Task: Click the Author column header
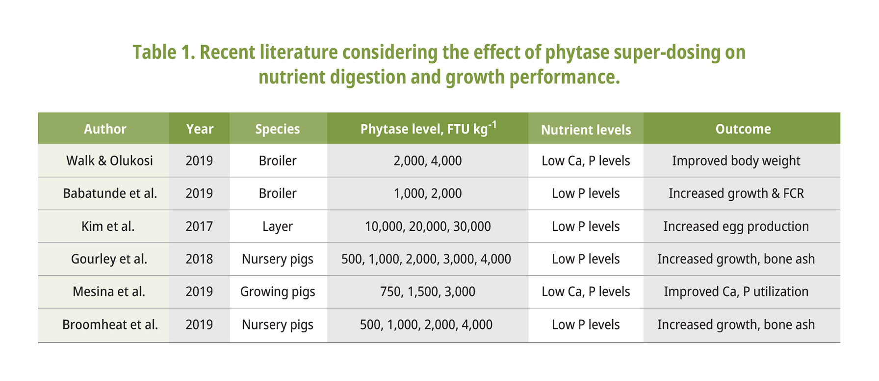pyautogui.click(x=104, y=129)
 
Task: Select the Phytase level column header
pyautogui.click(x=428, y=129)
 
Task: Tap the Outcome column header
pyautogui.click(x=743, y=129)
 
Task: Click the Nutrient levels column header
pyautogui.click(x=586, y=130)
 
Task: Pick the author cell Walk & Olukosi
pyautogui.click(x=109, y=161)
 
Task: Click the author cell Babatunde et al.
pyautogui.click(x=110, y=193)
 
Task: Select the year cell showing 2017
pyautogui.click(x=199, y=226)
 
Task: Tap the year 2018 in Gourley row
pyautogui.click(x=199, y=259)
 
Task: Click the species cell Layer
pyautogui.click(x=277, y=226)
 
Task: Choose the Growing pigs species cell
pyautogui.click(x=277, y=292)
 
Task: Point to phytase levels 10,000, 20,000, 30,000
pyautogui.click(x=427, y=226)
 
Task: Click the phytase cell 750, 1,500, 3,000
pyautogui.click(x=427, y=292)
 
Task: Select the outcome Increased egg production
pyautogui.click(x=736, y=226)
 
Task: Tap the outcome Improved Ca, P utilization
pyautogui.click(x=736, y=292)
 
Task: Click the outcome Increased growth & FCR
pyautogui.click(x=736, y=193)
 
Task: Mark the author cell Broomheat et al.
pyautogui.click(x=110, y=325)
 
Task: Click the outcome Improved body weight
pyautogui.click(x=736, y=161)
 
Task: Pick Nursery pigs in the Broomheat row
pyautogui.click(x=277, y=325)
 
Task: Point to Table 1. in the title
pyautogui.click(x=164, y=53)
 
